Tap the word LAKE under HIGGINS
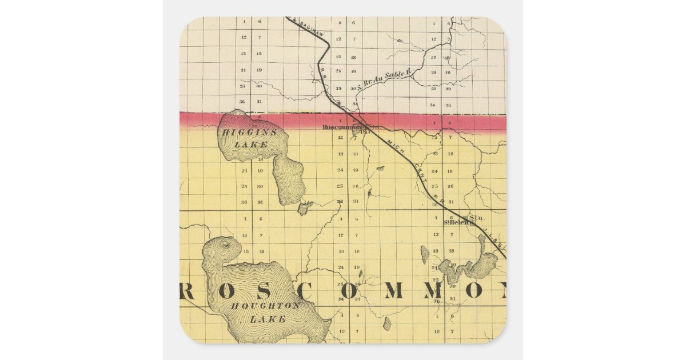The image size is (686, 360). [251, 145]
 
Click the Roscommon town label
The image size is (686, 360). [342, 127]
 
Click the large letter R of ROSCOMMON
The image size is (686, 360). [189, 291]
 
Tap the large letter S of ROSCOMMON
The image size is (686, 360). [276, 291]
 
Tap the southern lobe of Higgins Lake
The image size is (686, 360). [289, 180]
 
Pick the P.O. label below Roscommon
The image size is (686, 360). [365, 133]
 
